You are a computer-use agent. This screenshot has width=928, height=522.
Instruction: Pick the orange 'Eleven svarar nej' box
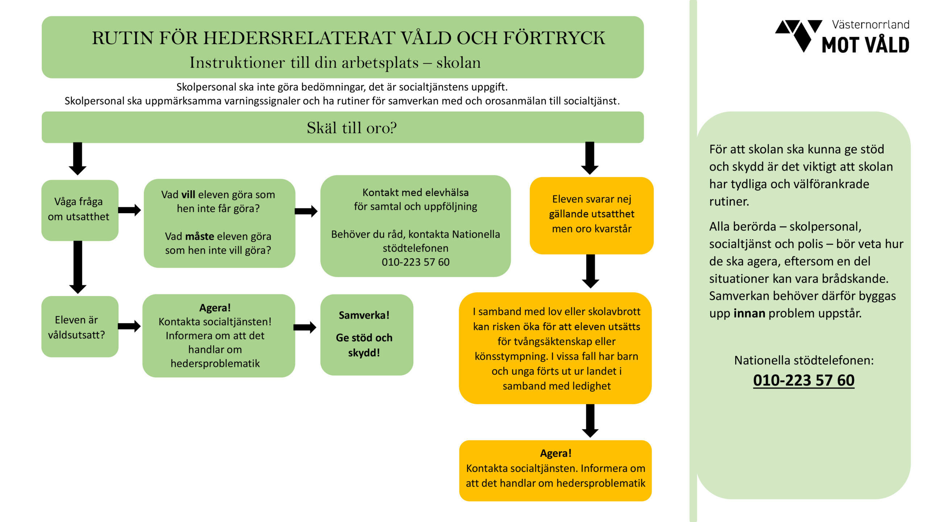(591, 215)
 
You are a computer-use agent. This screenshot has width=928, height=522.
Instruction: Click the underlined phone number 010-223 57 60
(803, 380)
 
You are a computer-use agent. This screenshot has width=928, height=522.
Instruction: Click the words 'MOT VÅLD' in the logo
(865, 45)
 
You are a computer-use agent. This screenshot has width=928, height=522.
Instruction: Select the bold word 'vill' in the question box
(188, 195)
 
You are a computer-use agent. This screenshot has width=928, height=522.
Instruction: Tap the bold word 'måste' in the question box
(199, 236)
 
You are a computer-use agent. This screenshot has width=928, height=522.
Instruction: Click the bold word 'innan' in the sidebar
(749, 313)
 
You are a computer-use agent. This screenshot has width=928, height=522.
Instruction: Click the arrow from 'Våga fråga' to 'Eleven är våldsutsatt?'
(78, 267)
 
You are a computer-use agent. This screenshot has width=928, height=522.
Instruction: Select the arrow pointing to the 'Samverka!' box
(305, 327)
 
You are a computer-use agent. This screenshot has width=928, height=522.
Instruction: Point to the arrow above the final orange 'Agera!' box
(590, 420)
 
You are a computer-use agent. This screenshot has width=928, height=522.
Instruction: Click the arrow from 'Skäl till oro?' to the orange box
(589, 158)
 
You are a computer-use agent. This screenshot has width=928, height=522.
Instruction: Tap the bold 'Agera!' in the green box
(215, 308)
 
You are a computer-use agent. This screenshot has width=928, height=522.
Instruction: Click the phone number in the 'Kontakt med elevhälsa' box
(415, 262)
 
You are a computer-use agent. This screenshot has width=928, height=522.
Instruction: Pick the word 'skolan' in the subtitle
(458, 63)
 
